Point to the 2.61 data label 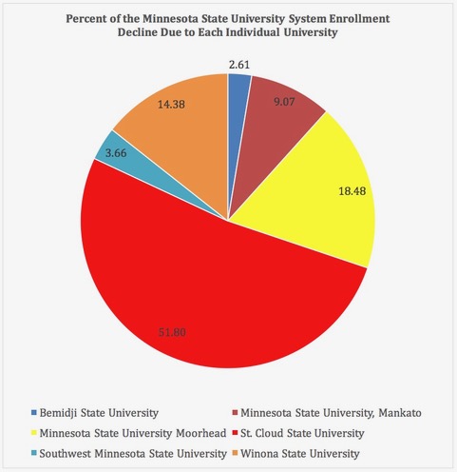pos(239,65)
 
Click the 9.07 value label pos(284,102)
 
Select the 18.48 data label pos(352,191)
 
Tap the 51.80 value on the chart pos(172,332)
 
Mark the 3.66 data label pos(116,153)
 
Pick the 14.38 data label pos(171,105)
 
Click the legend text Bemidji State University pos(99,413)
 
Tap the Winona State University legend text pos(300,454)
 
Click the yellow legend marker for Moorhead pos(33,433)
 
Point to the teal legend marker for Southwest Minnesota pos(33,453)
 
